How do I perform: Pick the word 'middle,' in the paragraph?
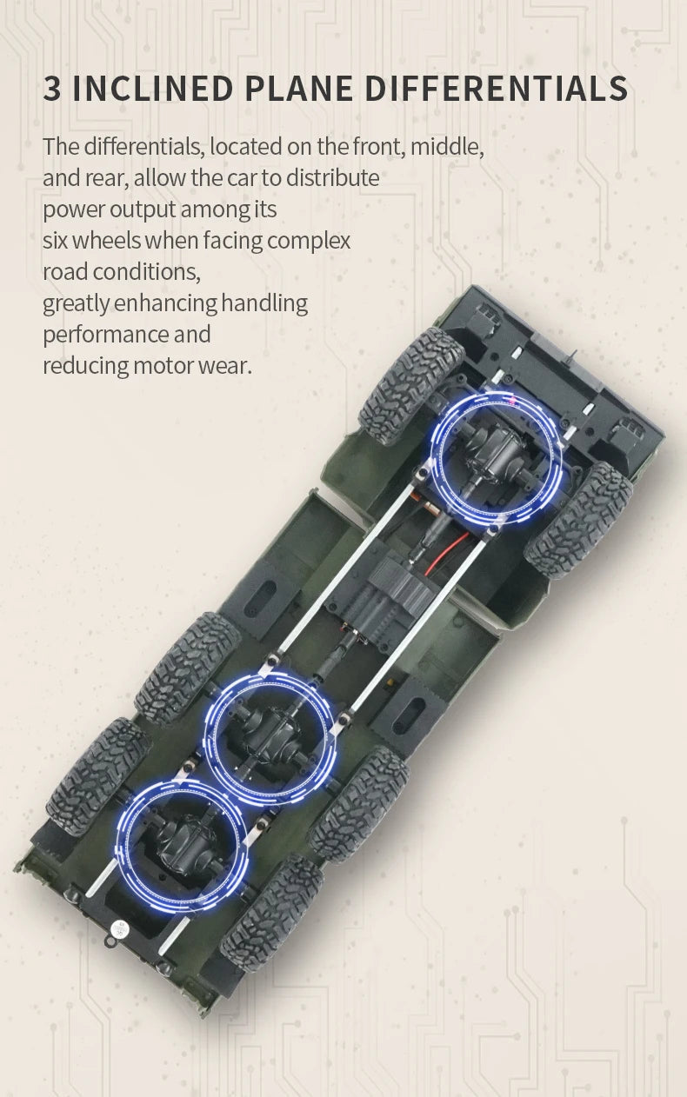point(447,146)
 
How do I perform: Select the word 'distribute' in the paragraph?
point(333,177)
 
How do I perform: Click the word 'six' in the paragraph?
point(55,241)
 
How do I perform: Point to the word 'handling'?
point(264,303)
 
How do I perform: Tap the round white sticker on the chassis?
point(120,927)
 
